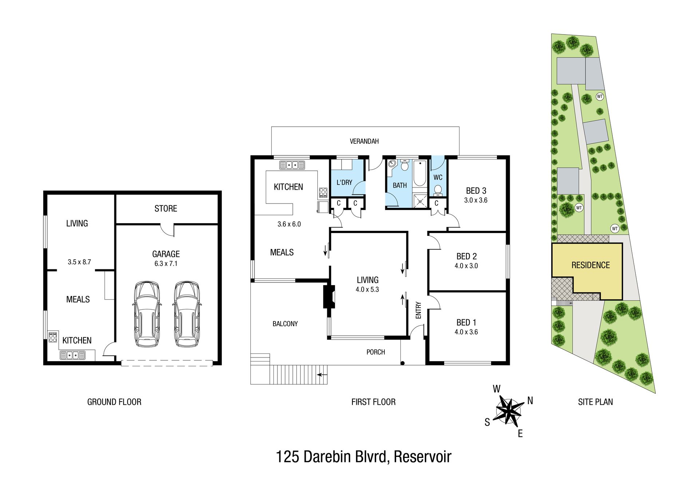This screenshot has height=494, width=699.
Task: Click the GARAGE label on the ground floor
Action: point(166,254)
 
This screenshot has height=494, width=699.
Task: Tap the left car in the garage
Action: point(147,314)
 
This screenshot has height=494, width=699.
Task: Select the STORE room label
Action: point(166,209)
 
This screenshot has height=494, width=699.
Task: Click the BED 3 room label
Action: point(476,191)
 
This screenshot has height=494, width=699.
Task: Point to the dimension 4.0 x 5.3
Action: point(367,290)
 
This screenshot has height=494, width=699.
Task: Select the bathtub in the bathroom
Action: point(420,173)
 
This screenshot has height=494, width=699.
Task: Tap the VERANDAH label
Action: point(364,141)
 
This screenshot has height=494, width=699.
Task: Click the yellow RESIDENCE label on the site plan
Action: point(591,265)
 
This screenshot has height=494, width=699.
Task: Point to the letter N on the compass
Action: point(530,401)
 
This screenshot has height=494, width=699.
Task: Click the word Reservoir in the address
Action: point(423,457)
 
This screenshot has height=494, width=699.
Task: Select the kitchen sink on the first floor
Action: point(292,165)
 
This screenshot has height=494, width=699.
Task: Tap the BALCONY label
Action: point(285,324)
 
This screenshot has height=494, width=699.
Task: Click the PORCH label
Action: point(376,352)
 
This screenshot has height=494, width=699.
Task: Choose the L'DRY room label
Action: point(344,182)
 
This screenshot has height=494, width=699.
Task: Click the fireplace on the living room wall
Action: point(329,297)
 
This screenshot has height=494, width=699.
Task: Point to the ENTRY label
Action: point(418,310)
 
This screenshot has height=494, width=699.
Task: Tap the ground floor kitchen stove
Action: point(53,337)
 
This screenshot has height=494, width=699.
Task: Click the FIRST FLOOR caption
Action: point(374,402)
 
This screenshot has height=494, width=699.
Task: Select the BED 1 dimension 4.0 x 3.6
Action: point(466,332)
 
